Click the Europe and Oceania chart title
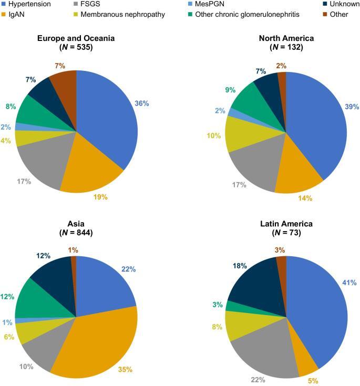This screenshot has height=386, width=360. [x=76, y=38]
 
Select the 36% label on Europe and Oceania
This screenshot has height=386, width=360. [x=141, y=103]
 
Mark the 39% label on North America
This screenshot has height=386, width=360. [x=351, y=107]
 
